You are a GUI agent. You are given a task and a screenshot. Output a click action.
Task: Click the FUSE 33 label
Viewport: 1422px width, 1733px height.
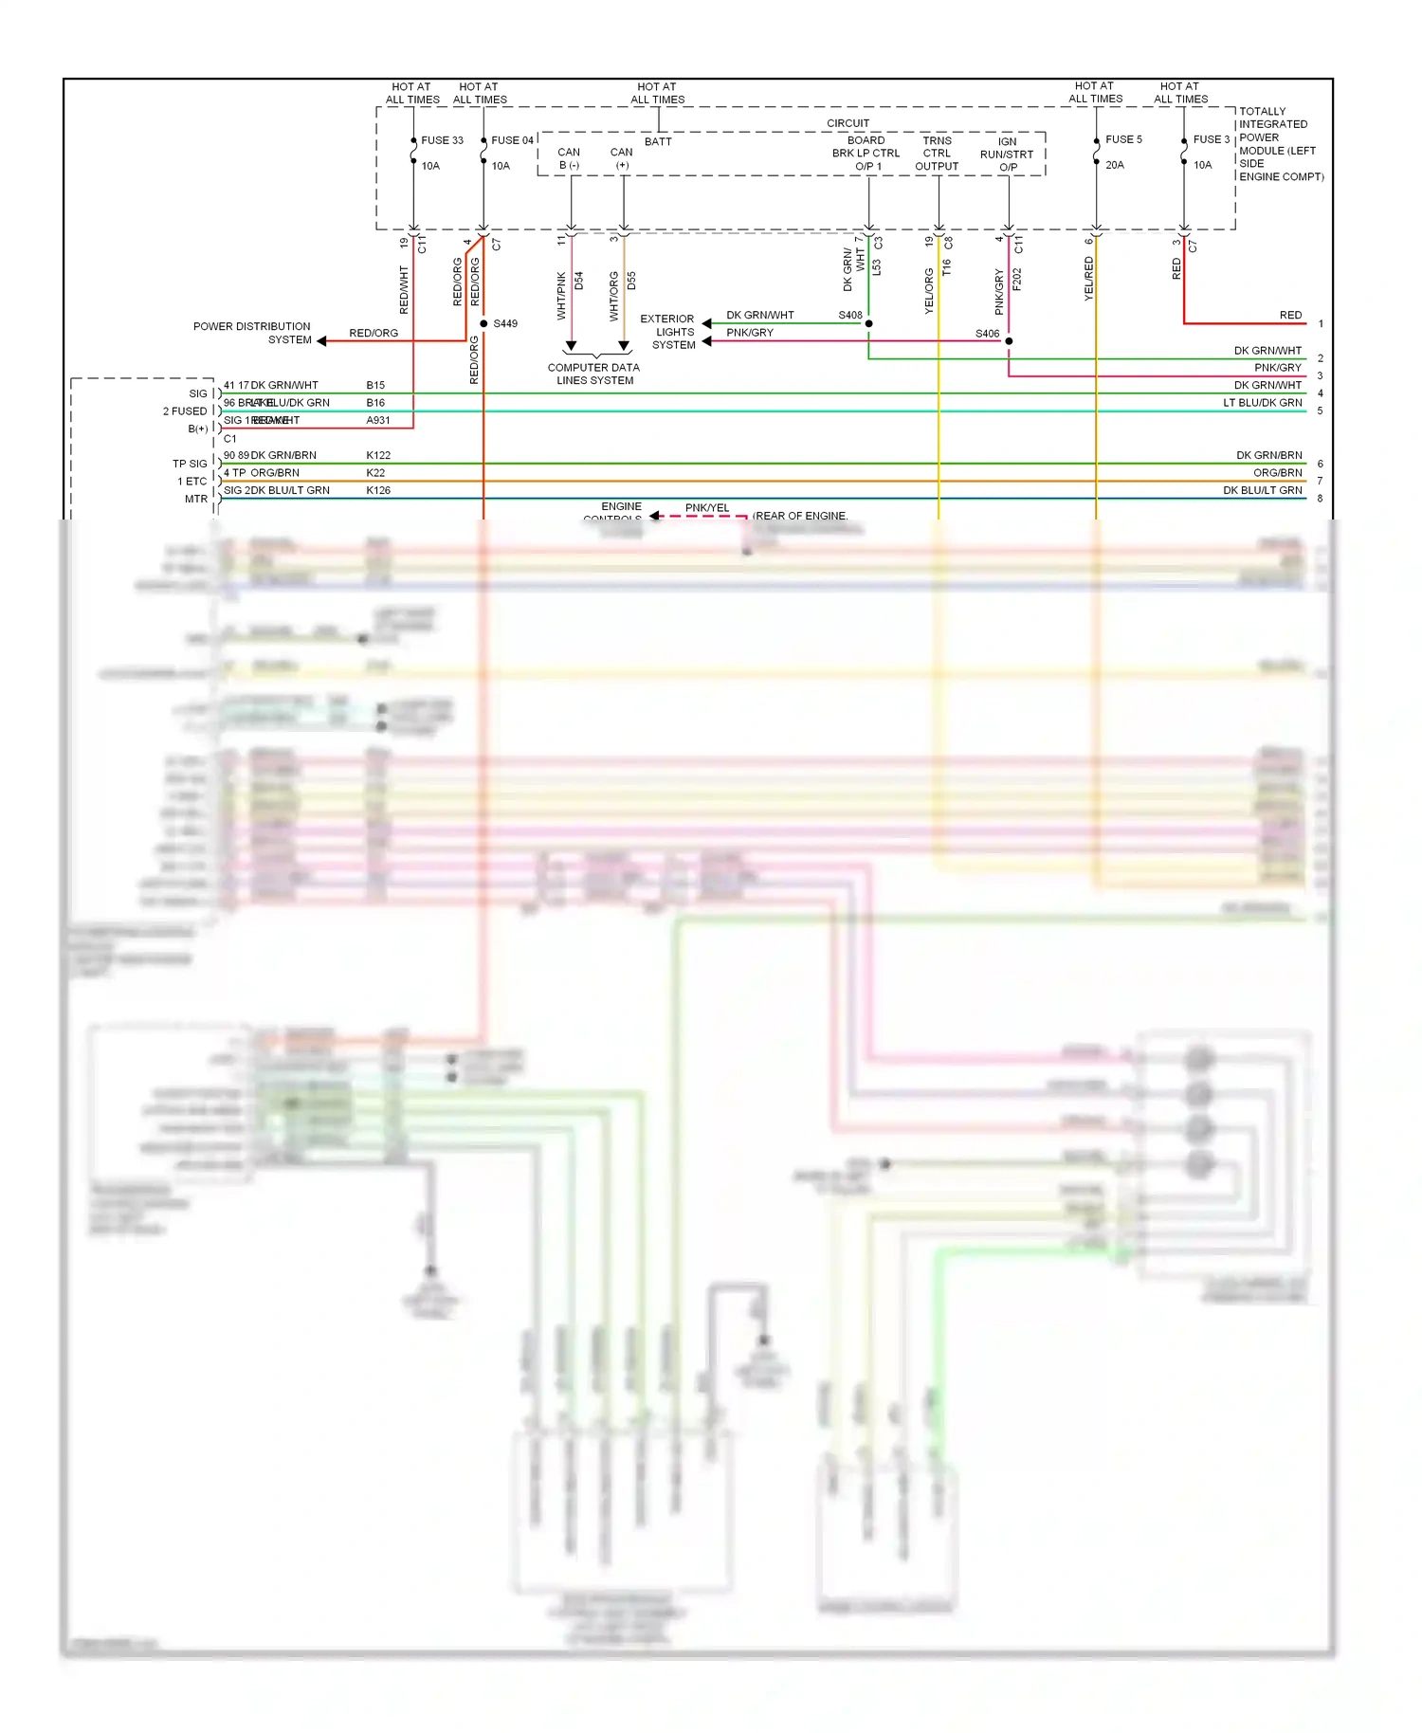pos(442,140)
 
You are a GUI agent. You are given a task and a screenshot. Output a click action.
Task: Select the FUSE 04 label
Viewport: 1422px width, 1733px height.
pos(512,140)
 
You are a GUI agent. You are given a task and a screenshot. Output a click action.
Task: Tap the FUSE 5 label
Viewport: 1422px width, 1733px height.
pos(1123,139)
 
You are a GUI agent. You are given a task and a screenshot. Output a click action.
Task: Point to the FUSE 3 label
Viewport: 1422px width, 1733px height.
pos(1211,139)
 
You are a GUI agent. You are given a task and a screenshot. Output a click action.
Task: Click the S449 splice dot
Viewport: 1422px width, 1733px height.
pos(483,324)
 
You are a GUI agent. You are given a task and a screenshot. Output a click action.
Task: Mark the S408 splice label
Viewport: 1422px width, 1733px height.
pos(850,315)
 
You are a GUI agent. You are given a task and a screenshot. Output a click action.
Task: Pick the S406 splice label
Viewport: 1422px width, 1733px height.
pos(987,334)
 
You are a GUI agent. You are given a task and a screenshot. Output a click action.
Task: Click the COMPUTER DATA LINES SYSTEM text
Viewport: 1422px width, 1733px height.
pos(594,374)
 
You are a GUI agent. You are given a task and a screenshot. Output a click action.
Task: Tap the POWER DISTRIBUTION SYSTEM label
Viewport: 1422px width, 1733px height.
pos(252,333)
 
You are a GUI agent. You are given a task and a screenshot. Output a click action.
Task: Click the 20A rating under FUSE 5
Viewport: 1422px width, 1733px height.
pos(1115,165)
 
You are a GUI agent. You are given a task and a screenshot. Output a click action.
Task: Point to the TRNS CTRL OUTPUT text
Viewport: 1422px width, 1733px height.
pos(937,154)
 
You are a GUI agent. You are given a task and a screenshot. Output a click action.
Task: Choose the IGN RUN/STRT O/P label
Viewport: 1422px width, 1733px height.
pos(1007,155)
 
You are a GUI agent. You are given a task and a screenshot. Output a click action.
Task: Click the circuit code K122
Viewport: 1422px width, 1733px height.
pos(378,455)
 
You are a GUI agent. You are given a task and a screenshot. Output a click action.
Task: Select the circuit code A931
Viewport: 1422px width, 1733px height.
pos(378,420)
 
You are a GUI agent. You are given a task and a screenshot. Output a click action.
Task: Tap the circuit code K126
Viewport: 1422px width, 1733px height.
pos(378,490)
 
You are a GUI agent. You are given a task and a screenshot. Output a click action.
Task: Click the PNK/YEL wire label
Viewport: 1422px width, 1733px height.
pos(707,508)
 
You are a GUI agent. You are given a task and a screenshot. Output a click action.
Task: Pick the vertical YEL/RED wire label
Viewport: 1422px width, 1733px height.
pos(1089,279)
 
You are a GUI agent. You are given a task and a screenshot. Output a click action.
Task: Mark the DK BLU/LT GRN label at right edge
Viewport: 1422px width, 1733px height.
pos(1262,490)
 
